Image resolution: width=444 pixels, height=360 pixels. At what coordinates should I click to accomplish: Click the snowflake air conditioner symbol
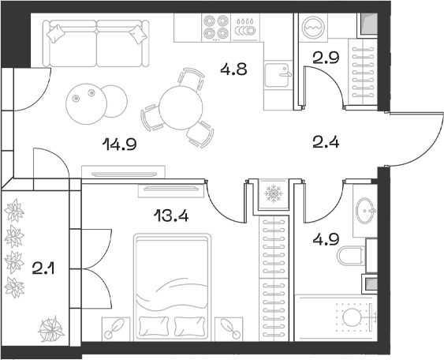274,193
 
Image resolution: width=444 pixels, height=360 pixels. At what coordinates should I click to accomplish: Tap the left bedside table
115,325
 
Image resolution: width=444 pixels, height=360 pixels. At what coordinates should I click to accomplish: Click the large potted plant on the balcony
54,328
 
